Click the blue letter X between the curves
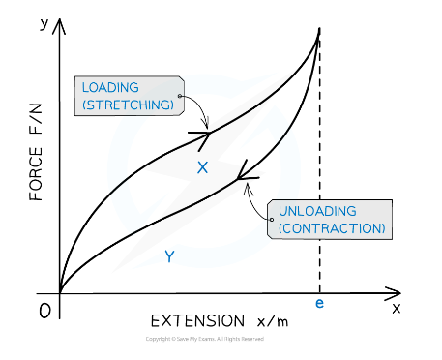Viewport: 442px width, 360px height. [x=202, y=167]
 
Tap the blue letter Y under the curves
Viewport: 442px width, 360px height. [x=169, y=256]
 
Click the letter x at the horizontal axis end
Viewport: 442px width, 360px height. [x=396, y=307]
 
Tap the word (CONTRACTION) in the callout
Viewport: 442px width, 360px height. [x=332, y=228]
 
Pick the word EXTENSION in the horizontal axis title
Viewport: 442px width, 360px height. [x=197, y=319]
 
